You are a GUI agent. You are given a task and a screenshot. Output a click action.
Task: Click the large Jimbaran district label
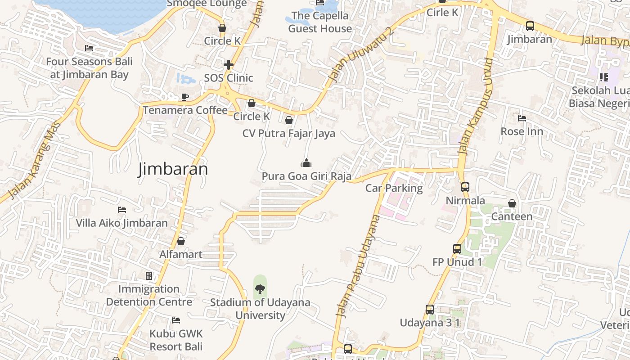click(x=173, y=169)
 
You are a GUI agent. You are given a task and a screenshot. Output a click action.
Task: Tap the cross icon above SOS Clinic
click(x=229, y=65)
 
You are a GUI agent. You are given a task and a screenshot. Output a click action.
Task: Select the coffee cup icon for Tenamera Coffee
click(x=184, y=97)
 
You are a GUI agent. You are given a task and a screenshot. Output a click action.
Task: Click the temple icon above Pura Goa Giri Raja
click(x=306, y=163)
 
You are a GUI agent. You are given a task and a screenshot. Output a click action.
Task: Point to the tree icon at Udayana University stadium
click(x=260, y=289)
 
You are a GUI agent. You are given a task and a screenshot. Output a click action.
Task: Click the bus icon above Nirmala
click(x=465, y=187)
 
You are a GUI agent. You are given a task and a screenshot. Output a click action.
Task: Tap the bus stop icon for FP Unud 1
click(x=457, y=248)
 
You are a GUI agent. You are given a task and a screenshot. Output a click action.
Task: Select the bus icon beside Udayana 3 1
click(x=430, y=310)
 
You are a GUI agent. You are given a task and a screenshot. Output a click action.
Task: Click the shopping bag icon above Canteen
click(x=512, y=203)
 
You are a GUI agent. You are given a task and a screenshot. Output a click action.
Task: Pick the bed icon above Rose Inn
click(x=522, y=118)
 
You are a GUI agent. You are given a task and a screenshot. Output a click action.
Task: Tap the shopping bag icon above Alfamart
click(x=181, y=242)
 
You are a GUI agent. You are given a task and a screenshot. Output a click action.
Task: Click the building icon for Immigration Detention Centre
click(x=149, y=275)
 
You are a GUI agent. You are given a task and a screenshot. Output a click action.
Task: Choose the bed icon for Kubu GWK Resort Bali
click(x=176, y=320)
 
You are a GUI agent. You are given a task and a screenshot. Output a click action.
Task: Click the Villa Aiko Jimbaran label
click(x=121, y=223)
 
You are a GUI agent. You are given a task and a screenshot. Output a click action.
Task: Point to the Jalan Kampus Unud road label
click(x=476, y=107)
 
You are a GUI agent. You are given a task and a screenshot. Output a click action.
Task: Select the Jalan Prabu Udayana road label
click(x=358, y=266)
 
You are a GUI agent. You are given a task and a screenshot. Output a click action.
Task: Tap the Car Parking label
click(x=394, y=188)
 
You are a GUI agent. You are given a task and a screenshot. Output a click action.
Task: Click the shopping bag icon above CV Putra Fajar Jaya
click(x=289, y=120)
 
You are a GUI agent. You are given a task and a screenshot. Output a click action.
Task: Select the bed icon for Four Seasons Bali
click(x=89, y=48)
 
